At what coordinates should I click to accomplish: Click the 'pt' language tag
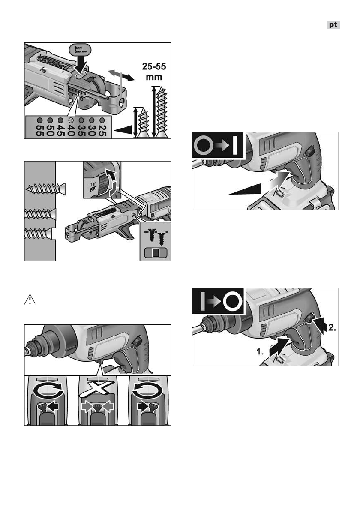click(333, 25)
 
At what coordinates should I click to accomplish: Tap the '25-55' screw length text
click(154, 67)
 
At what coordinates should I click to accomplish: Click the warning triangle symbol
click(30, 300)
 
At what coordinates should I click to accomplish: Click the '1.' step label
click(260, 351)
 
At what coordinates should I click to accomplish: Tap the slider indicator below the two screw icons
click(156, 252)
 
